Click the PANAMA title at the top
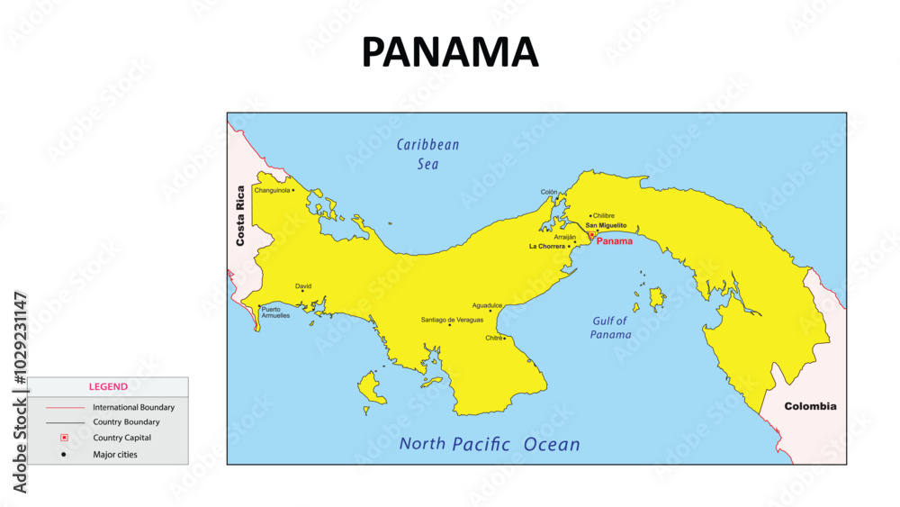tap(450, 52)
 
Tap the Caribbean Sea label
tap(427, 154)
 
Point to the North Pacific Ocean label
tap(490, 444)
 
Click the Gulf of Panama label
tap(611, 328)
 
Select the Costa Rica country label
tap(240, 216)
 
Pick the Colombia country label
tap(810, 406)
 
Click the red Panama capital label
tap(615, 241)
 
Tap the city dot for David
tap(302, 291)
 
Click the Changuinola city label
tap(271, 190)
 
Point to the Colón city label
tap(549, 192)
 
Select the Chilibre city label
tap(604, 216)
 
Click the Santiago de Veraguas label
tap(452, 320)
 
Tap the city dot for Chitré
tap(504, 339)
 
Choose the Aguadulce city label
tap(487, 305)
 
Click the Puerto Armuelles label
tap(275, 312)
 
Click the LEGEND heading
tap(108, 386)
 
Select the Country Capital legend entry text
tap(121, 438)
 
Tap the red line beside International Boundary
tap(64, 407)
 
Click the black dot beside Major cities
tap(64, 454)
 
